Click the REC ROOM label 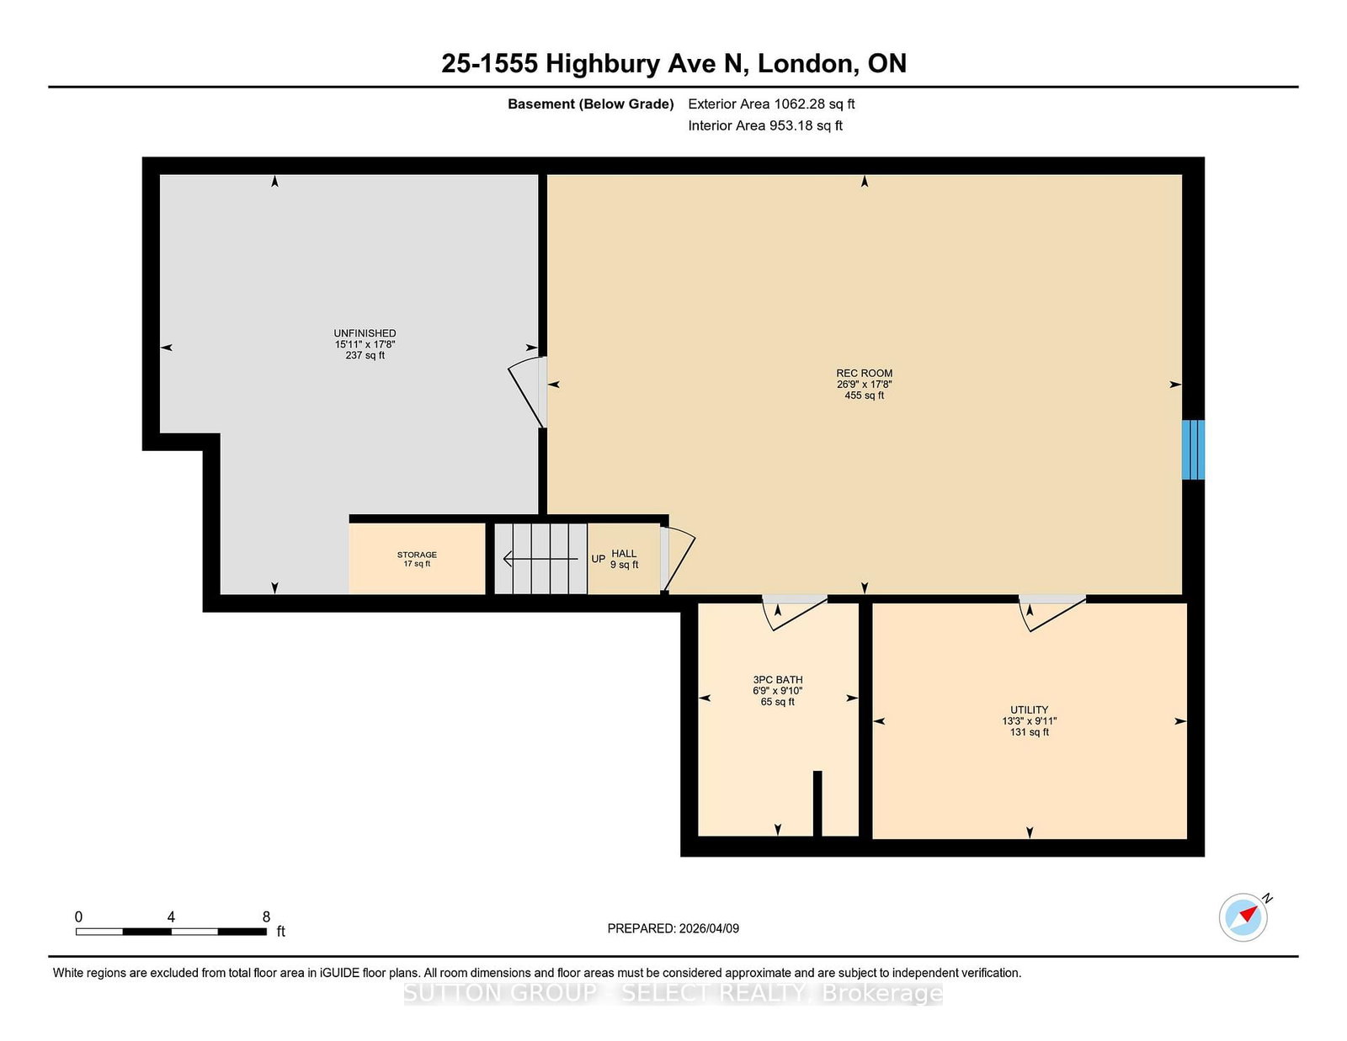pos(864,373)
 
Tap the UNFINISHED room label pos(365,333)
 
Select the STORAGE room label pos(417,555)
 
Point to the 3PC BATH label pos(777,680)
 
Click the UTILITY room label pos(1029,710)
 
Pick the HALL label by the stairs pos(624,554)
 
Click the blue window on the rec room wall pos(1193,450)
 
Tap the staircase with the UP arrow pos(540,559)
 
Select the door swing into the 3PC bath pos(795,613)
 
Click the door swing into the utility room pos(1052,613)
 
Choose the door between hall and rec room pos(678,559)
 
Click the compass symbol pos(1243,917)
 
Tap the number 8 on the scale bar pos(267,917)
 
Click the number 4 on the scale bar pos(171,917)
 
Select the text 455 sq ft pos(864,396)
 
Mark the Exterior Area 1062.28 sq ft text pos(771,104)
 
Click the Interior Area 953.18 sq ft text pos(765,125)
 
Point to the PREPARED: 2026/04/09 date pos(673,928)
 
